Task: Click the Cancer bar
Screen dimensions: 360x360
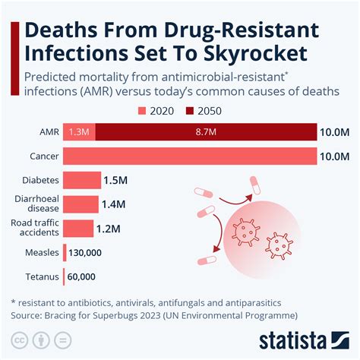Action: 190,156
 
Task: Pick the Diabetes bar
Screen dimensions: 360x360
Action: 81,180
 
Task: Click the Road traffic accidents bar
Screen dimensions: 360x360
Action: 78,228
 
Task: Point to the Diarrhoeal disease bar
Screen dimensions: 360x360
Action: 81,204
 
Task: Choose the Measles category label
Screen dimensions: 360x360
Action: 39,252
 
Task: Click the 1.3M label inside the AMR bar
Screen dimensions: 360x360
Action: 79,132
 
